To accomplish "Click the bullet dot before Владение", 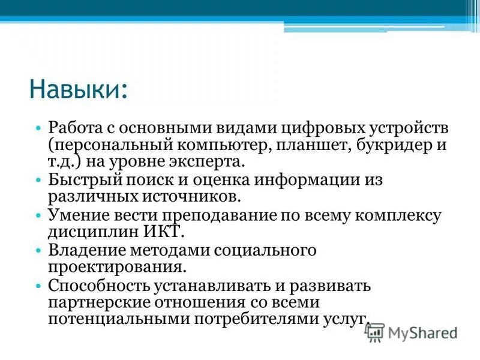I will [x=38, y=250].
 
